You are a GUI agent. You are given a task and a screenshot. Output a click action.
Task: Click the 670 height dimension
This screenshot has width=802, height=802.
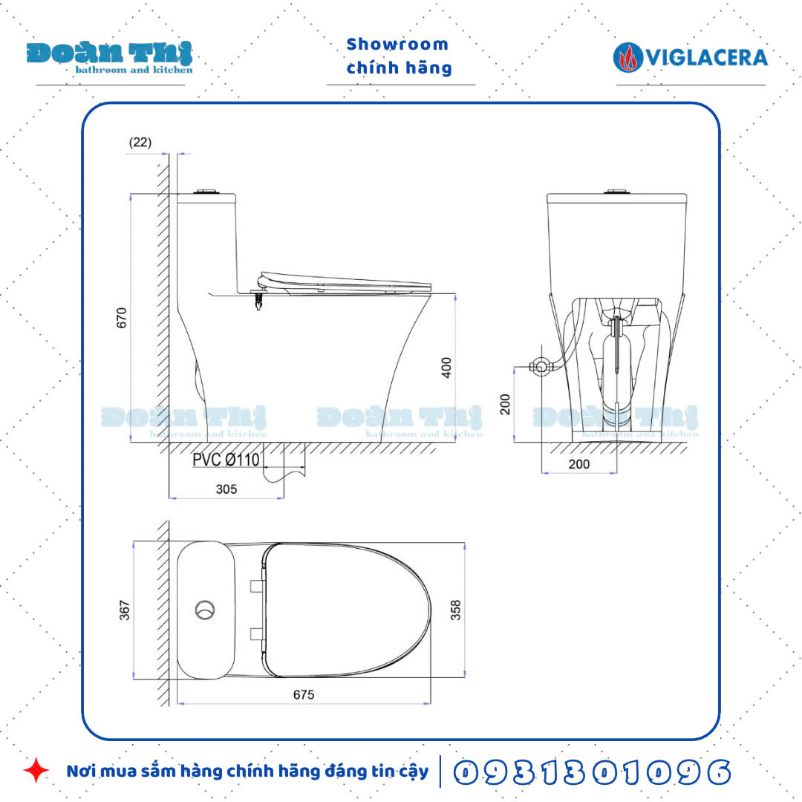point(123,317)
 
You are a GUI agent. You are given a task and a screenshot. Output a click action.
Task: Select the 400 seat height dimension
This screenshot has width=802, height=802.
point(446,368)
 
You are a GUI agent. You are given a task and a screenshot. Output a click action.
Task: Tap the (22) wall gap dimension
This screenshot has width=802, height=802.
point(140,143)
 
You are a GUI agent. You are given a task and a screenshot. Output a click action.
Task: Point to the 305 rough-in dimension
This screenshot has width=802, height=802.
point(226,489)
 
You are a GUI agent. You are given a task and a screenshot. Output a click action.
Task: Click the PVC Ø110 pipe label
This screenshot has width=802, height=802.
point(226,460)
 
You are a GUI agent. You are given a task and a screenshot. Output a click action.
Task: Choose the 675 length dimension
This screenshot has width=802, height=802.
point(303,695)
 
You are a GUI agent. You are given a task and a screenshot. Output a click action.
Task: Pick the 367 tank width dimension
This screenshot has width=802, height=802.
point(125,610)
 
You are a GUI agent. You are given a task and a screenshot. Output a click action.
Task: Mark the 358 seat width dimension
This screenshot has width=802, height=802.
point(456,610)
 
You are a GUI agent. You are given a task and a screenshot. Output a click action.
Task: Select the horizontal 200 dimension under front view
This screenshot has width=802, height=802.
point(579,464)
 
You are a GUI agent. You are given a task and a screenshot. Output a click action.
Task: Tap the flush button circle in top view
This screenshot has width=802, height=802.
point(206,610)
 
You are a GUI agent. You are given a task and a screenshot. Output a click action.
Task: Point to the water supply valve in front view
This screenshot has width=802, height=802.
point(542,366)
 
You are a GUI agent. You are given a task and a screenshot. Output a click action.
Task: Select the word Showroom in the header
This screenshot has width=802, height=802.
point(397,45)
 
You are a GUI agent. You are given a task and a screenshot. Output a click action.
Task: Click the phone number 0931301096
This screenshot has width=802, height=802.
point(591,772)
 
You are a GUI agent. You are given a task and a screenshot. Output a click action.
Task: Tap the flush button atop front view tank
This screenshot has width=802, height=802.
point(615,192)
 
